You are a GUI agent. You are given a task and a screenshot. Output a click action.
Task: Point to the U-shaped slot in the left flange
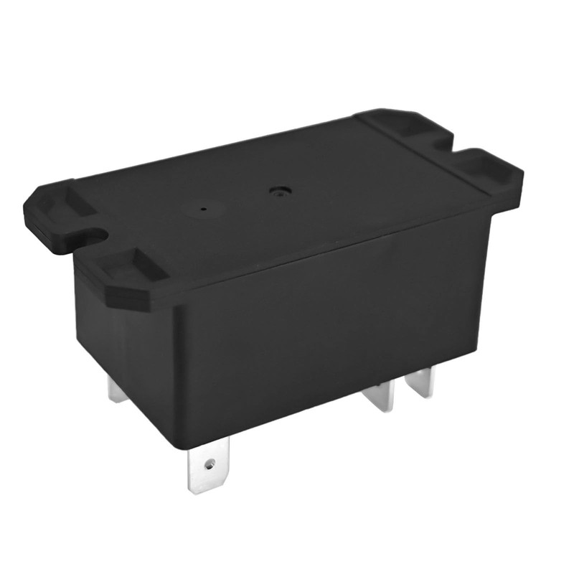click(x=91, y=235)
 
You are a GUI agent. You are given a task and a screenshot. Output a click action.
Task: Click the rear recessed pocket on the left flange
click(x=69, y=203)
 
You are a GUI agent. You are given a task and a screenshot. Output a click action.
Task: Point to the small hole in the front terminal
click(x=210, y=464)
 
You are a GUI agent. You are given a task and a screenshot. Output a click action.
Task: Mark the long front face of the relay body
click(x=323, y=337)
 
